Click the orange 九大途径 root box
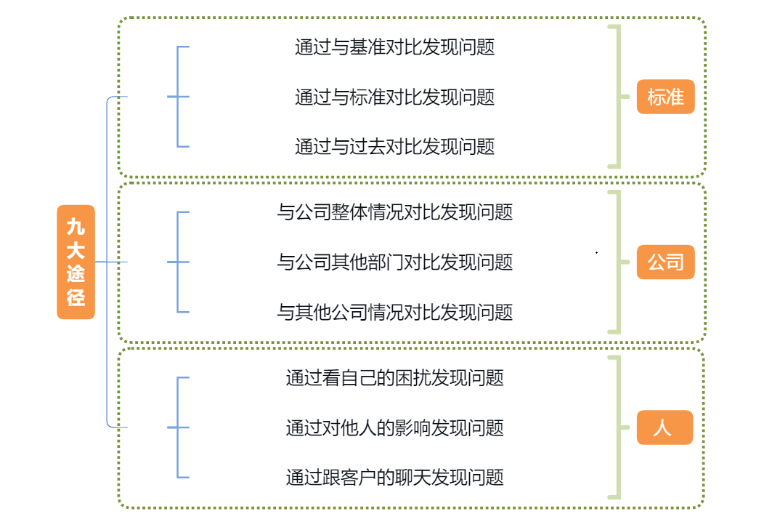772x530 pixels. coord(76,262)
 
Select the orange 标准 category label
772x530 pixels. coord(665,97)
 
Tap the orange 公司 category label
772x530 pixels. coord(665,262)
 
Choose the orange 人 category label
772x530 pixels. coord(664,427)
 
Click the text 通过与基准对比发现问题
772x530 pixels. coord(394,47)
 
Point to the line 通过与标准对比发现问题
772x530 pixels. coord(394,97)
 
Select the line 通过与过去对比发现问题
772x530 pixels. coord(394,147)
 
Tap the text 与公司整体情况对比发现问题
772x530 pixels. coord(394,212)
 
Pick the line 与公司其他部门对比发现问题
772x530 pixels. coord(394,262)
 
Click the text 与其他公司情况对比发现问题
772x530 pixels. coord(394,313)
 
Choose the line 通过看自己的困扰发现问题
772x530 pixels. coord(394,378)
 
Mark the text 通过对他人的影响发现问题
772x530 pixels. coord(394,427)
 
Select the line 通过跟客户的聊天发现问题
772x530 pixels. coord(394,478)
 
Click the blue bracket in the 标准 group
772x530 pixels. coord(178,97)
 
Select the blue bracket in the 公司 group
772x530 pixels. coord(178,262)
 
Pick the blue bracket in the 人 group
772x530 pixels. coord(178,427)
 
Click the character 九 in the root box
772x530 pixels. coord(76,227)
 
